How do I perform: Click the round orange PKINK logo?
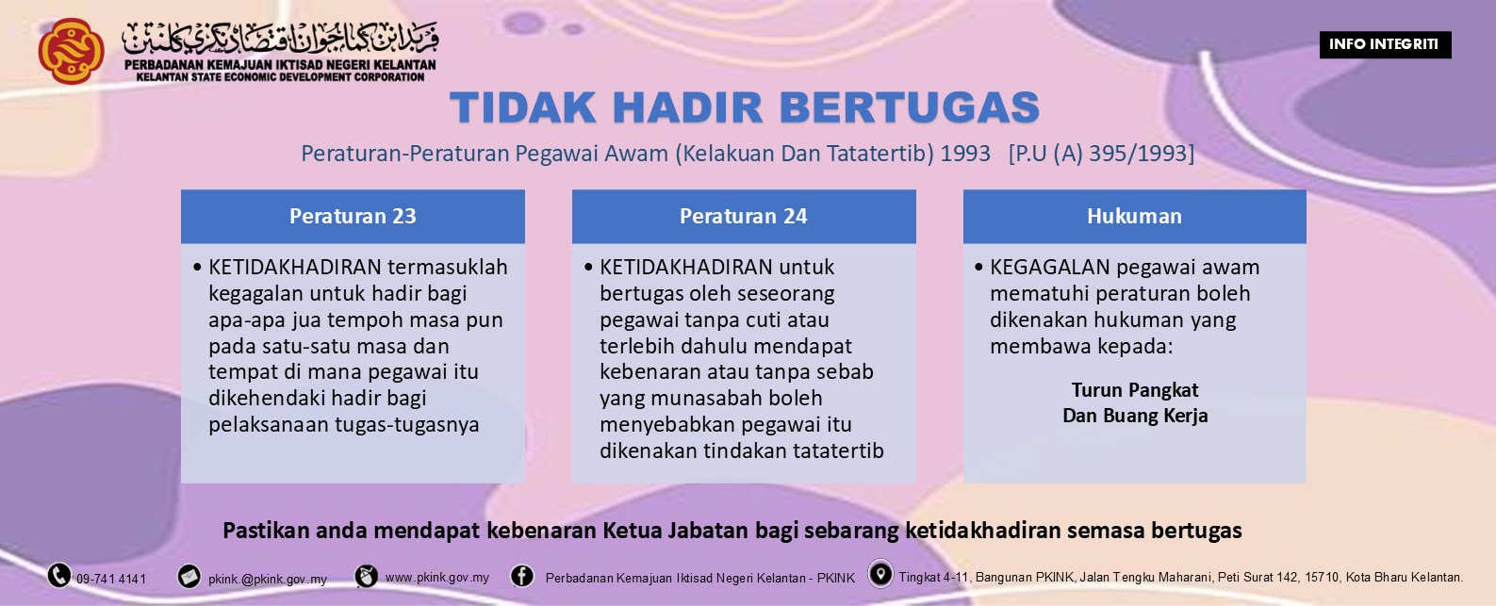(x=71, y=51)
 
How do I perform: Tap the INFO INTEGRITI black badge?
(x=1384, y=44)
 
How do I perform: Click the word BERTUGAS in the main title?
(x=910, y=108)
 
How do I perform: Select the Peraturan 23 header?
(x=353, y=217)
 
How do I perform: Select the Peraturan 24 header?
(x=743, y=217)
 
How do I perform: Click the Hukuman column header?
(x=1134, y=217)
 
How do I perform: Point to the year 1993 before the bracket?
(x=965, y=154)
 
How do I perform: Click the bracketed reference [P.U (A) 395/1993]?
(x=1101, y=154)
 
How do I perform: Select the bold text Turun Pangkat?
(x=1135, y=390)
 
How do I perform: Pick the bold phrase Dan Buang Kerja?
(x=1135, y=416)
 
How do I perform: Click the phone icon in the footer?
(x=59, y=575)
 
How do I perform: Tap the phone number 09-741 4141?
(x=111, y=579)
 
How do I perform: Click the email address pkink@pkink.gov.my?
(x=268, y=579)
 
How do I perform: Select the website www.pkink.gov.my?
(x=437, y=577)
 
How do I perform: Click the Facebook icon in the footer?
(x=522, y=576)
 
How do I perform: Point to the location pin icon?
(x=880, y=574)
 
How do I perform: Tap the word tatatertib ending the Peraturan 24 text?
(x=838, y=451)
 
